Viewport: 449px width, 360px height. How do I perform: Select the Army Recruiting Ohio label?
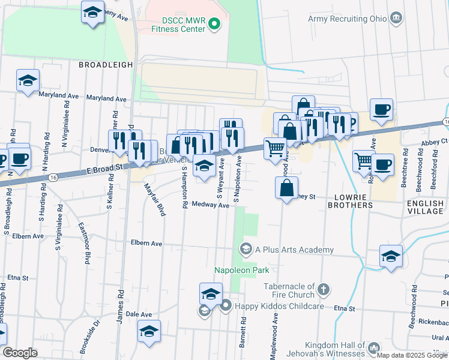coord(348,19)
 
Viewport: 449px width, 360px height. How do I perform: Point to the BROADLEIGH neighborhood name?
coord(105,64)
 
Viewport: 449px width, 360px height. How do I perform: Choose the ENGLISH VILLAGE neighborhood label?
coord(425,208)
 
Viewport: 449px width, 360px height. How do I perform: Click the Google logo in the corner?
coord(20,353)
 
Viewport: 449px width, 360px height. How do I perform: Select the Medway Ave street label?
coord(215,205)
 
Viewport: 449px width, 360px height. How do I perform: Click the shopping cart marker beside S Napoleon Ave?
coord(275,148)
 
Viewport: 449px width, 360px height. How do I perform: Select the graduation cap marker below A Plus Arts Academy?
coord(391,256)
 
